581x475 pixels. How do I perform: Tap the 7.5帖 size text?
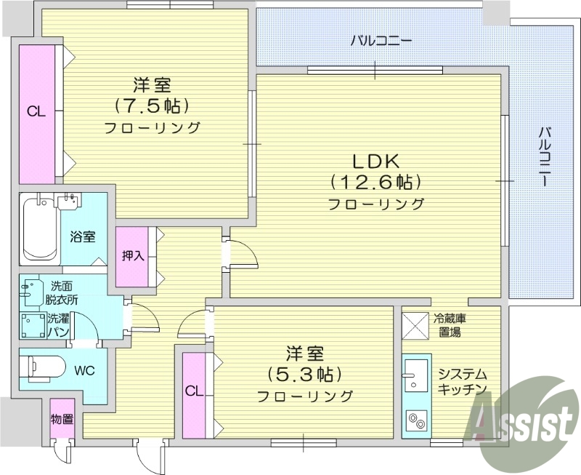click(x=152, y=106)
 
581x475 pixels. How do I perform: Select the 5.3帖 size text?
click(x=304, y=375)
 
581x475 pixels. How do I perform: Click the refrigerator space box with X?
click(x=416, y=325)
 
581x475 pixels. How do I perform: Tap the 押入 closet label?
click(x=133, y=256)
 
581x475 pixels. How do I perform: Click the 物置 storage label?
click(x=61, y=420)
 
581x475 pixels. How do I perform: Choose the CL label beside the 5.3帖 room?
click(x=193, y=391)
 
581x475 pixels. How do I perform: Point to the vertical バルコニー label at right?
click(x=544, y=157)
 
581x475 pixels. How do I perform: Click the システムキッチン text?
click(x=461, y=382)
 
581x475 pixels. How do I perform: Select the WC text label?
click(x=85, y=369)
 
